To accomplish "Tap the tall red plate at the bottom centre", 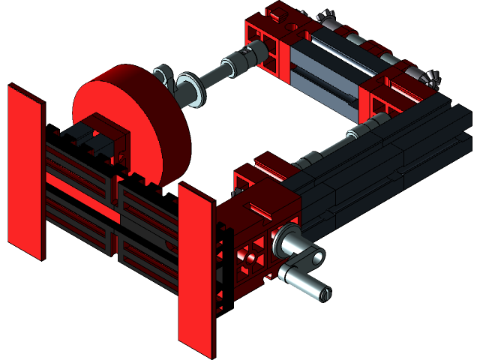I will point(196,270).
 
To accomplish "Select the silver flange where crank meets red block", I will point(288,241).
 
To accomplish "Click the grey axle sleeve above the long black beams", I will point(358,131).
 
